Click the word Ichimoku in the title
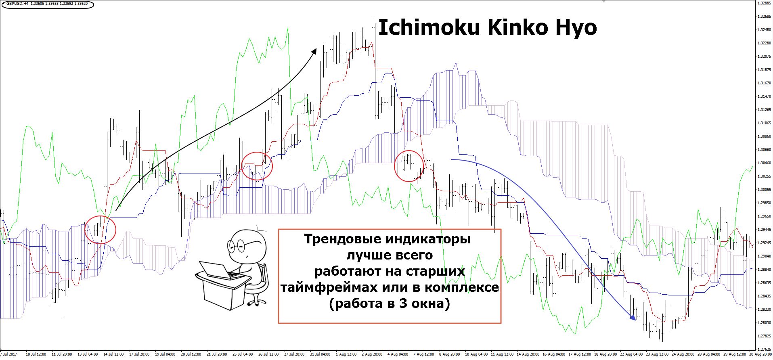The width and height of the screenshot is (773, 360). pyautogui.click(x=429, y=27)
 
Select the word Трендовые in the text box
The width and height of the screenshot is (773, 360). pyautogui.click(x=343, y=239)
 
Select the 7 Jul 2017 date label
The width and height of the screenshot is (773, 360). pyautogui.click(x=8, y=354)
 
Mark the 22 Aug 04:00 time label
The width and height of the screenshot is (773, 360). pyautogui.click(x=631, y=354)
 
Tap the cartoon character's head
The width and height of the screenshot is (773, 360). pyautogui.click(x=247, y=246)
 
